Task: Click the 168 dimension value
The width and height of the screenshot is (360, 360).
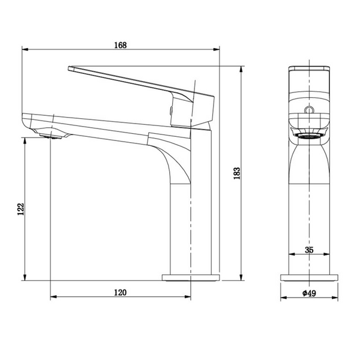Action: click(x=121, y=45)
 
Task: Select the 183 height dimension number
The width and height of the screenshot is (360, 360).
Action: click(x=237, y=173)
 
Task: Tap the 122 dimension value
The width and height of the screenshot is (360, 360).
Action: click(x=20, y=209)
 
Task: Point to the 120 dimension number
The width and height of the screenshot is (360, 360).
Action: click(x=121, y=293)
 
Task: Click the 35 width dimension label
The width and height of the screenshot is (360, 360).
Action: click(x=309, y=250)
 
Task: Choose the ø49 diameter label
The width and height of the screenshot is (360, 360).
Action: click(x=309, y=293)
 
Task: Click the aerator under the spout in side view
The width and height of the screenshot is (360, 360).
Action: click(x=51, y=136)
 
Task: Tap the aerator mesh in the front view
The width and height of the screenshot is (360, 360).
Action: click(x=309, y=136)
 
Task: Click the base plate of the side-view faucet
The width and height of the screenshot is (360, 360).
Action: click(x=191, y=278)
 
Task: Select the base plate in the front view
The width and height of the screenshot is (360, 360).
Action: click(x=309, y=278)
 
